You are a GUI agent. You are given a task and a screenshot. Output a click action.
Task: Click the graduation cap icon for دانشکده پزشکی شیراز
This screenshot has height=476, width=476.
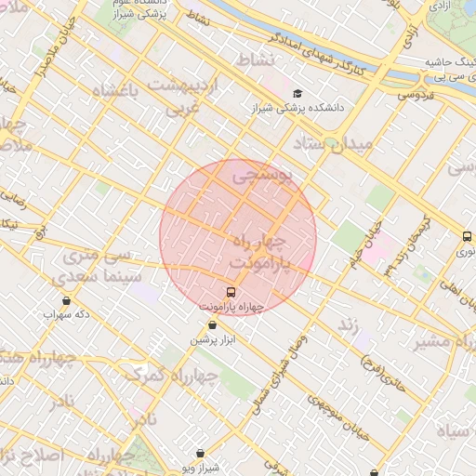coord(297,93)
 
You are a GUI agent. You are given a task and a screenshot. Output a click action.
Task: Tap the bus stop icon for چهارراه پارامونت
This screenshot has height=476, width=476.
coord(231,292)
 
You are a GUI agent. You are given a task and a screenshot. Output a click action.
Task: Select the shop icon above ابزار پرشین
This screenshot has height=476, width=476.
coord(214,325)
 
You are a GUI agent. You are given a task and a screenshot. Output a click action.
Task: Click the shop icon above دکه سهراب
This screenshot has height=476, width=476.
coord(66,300)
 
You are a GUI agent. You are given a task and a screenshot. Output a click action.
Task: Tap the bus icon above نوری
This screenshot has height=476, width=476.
coord(467,236)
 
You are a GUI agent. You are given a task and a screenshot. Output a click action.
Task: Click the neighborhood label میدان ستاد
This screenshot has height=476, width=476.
coord(332,144)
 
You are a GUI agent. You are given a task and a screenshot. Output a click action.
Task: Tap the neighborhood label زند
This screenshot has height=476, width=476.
coord(346,324)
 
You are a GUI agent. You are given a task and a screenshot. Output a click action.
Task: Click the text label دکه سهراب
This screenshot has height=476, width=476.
coord(66,314)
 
